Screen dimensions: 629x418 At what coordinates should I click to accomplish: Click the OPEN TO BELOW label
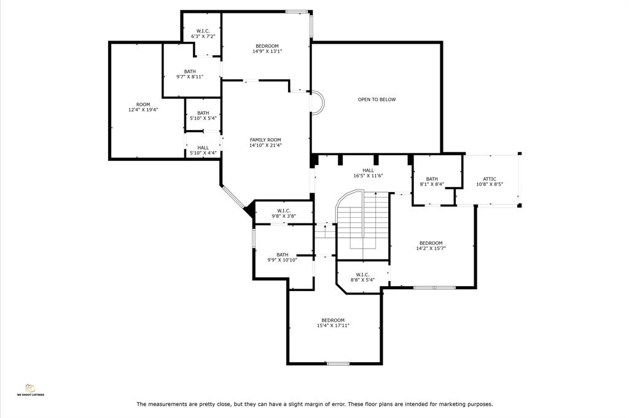point(377,99)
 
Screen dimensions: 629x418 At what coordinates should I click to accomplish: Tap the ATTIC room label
point(490,179)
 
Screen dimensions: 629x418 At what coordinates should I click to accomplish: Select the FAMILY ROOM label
point(265,140)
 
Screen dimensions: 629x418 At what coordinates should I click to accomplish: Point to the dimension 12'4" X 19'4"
point(143,109)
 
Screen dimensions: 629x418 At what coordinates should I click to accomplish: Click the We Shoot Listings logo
point(31,390)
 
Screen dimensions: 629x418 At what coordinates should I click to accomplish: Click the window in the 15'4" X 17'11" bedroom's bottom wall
point(338,363)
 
